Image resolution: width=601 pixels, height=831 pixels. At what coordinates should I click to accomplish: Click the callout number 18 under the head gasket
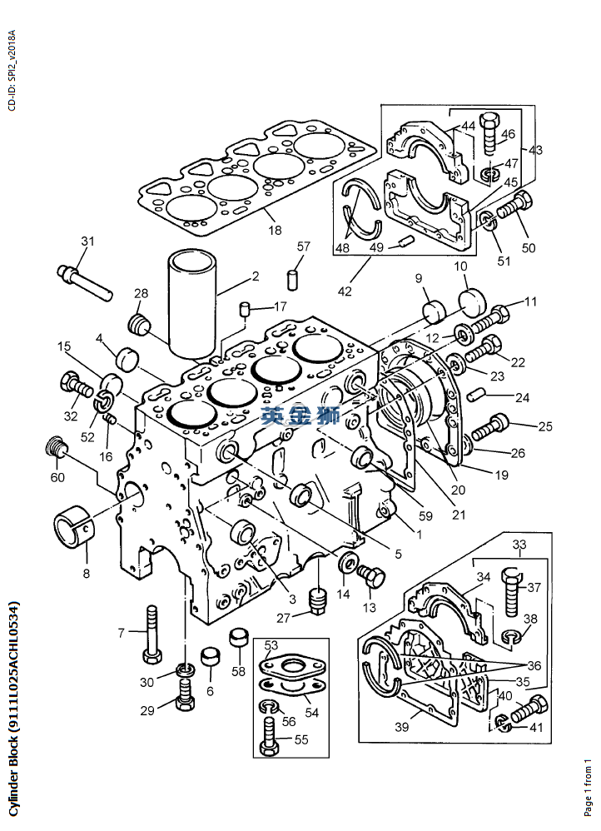point(275,231)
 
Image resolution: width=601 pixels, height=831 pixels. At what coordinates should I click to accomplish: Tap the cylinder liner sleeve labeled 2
point(191,303)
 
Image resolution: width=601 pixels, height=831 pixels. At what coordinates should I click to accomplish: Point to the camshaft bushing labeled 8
point(73,527)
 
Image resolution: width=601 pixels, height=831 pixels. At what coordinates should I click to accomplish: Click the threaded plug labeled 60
point(56,447)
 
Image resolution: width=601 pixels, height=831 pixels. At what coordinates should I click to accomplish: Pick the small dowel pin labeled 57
point(291,280)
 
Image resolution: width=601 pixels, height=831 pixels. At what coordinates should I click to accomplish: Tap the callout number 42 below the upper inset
point(345,291)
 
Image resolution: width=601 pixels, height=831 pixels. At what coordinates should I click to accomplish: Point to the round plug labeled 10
point(472,301)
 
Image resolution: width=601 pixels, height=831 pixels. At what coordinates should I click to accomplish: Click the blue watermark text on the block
point(300,415)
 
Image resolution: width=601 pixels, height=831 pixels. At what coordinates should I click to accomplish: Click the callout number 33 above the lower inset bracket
point(519,545)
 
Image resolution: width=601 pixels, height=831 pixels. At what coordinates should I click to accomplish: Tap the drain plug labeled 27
point(317,600)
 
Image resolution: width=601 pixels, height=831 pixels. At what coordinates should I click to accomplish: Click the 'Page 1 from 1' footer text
point(587,788)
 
